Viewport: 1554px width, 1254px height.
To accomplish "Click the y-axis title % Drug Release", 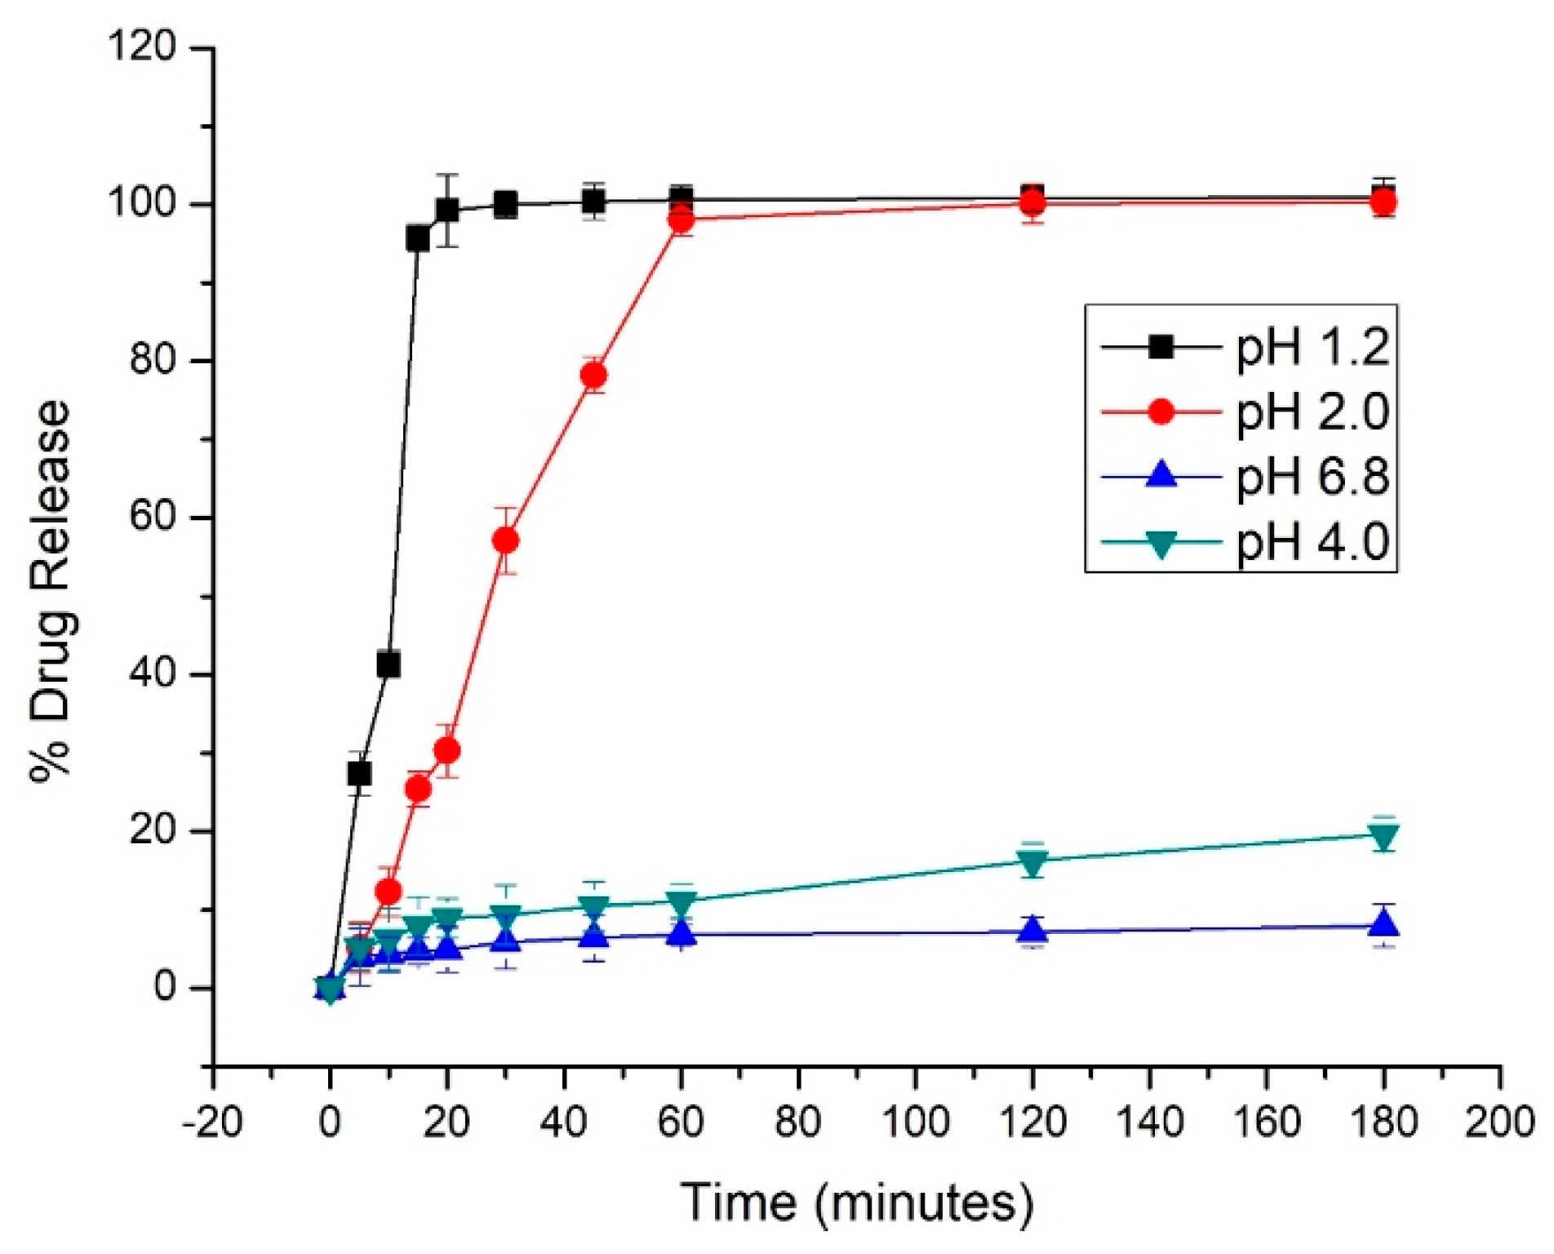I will tap(51, 592).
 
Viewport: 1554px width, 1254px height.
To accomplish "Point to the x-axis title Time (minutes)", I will tap(857, 1202).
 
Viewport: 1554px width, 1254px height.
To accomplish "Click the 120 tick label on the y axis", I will tap(142, 48).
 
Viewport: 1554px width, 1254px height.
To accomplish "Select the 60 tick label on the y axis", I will tap(153, 518).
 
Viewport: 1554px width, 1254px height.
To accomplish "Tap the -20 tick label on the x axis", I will tap(212, 1123).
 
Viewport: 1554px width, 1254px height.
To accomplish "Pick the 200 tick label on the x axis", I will tap(1500, 1123).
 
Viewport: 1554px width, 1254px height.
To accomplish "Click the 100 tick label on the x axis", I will tap(915, 1123).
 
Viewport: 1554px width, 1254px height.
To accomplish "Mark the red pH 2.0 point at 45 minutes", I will tap(594, 376).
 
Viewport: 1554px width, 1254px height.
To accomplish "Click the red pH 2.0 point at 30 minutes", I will tap(506, 540).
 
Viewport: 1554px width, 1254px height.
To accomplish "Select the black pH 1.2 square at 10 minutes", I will tap(388, 665).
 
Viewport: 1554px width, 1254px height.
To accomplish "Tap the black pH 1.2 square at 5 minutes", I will tap(359, 772).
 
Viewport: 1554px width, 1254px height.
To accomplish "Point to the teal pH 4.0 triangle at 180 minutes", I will tap(1383, 835).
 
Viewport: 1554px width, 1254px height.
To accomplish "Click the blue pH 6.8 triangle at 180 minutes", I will tap(1383, 924).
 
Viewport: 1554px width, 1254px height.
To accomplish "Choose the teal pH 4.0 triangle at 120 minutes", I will tap(1032, 861).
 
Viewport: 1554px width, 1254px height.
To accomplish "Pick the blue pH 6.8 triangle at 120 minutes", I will tap(1032, 929).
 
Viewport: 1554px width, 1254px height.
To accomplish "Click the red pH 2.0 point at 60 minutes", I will tap(682, 220).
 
